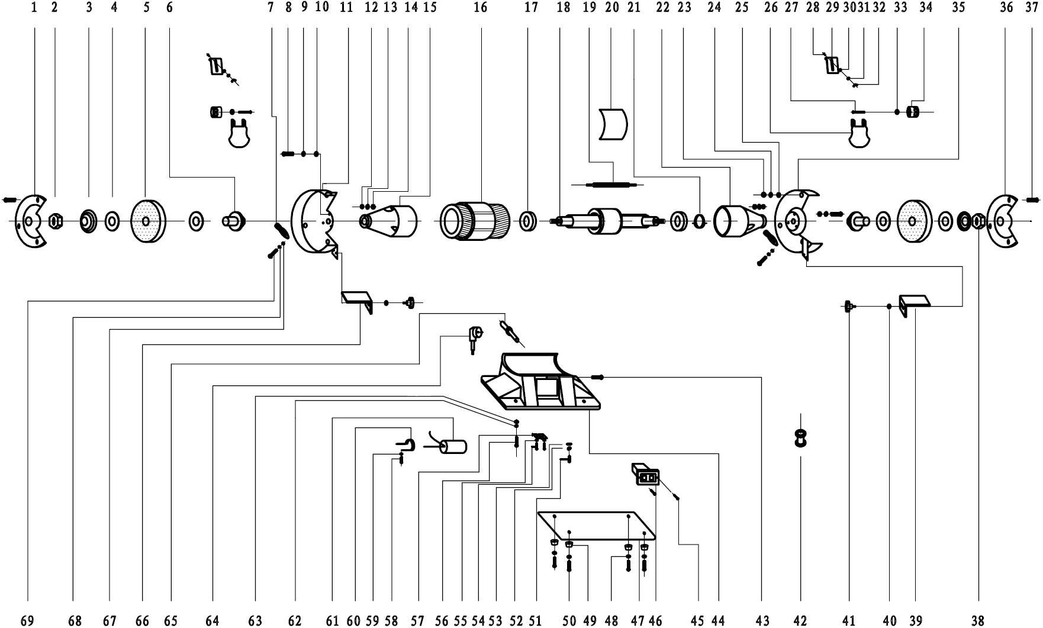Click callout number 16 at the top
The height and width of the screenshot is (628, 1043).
click(481, 7)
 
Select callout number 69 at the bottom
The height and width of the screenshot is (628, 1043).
click(27, 620)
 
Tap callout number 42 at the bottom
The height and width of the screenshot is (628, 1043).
click(800, 620)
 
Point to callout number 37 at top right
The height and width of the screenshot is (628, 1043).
click(1031, 7)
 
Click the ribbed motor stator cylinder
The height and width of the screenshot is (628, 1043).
click(475, 221)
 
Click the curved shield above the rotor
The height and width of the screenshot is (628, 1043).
click(613, 124)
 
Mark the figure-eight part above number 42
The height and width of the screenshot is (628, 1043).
click(800, 439)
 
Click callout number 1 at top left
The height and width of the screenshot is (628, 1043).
click(34, 7)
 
